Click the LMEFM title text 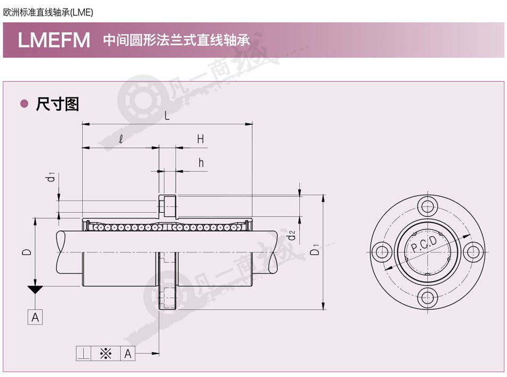54,40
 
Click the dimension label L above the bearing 167,115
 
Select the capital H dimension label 201,139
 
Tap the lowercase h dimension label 201,163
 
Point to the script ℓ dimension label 121,139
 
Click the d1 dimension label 51,177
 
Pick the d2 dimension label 291,235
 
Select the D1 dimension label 315,250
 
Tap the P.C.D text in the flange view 424,244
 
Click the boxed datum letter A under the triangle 35,317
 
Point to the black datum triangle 35,290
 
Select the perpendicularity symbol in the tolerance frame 84,354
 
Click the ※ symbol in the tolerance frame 106,354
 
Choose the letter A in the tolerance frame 128,354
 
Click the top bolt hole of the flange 427,206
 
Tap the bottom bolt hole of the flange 427,298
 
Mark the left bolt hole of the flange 382,252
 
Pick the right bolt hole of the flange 473,252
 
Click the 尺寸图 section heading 58,104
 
